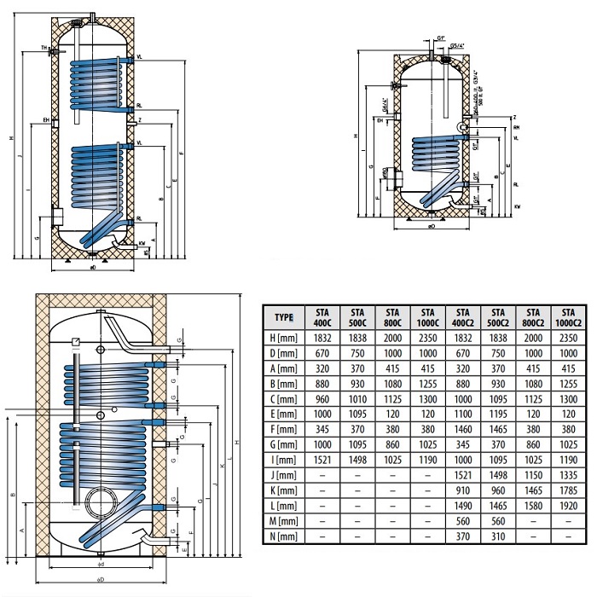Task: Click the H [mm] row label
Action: pyautogui.click(x=285, y=339)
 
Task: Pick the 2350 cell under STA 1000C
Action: pyautogui.click(x=427, y=339)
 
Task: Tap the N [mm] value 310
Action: pyautogui.click(x=497, y=536)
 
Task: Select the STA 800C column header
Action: pyautogui.click(x=392, y=317)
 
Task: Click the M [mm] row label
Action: pyautogui.click(x=285, y=522)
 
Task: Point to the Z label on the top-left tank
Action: pyautogui.click(x=137, y=120)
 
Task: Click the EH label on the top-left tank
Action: pyautogui.click(x=44, y=121)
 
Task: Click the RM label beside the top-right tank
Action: pyautogui.click(x=516, y=127)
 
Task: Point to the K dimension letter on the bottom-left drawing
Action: pyautogui.click(x=221, y=467)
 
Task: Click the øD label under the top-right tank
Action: pyautogui.click(x=432, y=227)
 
